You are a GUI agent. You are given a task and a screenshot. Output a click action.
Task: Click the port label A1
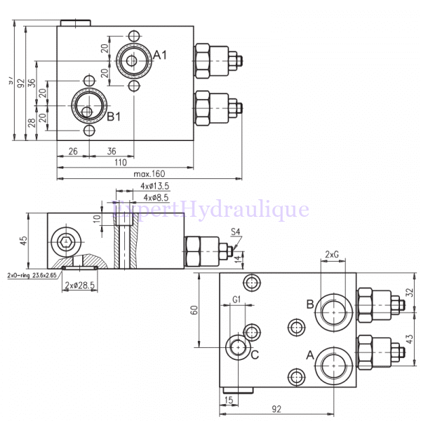(160, 55)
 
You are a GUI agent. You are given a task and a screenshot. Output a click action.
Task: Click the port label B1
(114, 116)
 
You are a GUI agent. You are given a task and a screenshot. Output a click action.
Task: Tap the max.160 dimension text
(149, 173)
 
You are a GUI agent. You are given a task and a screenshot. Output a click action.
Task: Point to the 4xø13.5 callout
(154, 186)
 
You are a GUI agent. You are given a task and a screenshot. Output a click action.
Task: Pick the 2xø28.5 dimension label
(79, 285)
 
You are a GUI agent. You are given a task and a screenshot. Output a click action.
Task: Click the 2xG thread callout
(333, 254)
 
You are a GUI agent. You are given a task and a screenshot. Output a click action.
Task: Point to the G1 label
(236, 300)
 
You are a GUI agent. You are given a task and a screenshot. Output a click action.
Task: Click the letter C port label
(255, 354)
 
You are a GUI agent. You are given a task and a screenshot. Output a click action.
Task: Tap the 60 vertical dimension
(194, 309)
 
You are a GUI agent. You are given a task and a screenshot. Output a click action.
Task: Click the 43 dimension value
(410, 339)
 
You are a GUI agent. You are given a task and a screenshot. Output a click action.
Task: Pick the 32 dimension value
(410, 293)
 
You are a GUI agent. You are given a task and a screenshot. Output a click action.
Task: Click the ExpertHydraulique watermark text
(210, 208)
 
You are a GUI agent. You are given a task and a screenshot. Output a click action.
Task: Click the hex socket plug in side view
(65, 243)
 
